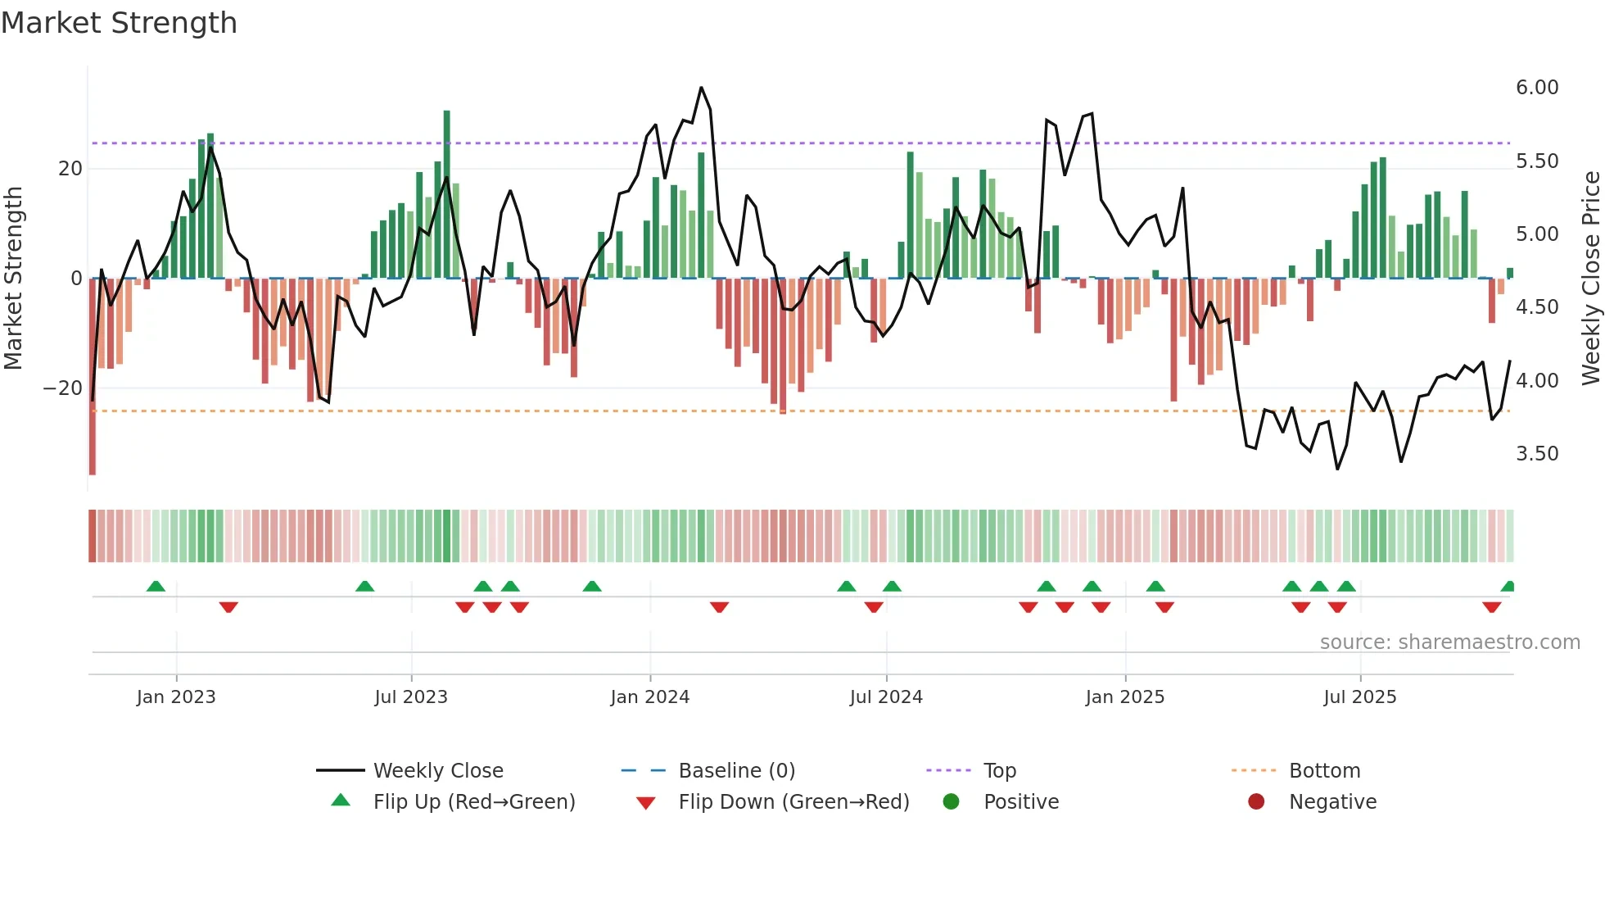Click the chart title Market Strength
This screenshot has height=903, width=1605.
(119, 23)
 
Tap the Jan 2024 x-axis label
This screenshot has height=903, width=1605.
(649, 697)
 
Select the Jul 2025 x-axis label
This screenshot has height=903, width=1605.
(1359, 697)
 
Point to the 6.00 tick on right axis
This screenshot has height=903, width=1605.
(1536, 88)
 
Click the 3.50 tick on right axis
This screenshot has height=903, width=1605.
(1536, 454)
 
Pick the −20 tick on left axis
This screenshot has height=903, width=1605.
(63, 388)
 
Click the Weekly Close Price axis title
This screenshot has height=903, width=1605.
(1590, 279)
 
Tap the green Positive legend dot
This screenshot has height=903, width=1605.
(951, 802)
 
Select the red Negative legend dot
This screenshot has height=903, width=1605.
(1255, 802)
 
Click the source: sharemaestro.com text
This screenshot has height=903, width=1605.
(1449, 642)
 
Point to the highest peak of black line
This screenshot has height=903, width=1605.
(701, 88)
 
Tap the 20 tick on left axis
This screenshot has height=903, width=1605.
(70, 169)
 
